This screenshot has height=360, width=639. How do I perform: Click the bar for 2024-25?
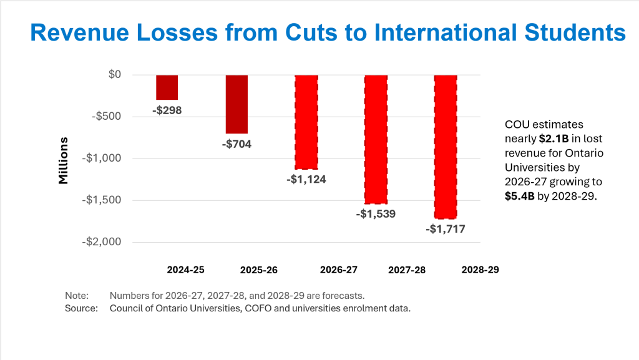(167, 87)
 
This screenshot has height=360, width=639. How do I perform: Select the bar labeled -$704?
(237, 104)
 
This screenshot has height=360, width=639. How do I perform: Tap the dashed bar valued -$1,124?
(306, 122)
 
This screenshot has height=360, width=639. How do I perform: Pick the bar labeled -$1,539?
(376, 139)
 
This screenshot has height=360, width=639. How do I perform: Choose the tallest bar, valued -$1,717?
(446, 147)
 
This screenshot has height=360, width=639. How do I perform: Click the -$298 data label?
(167, 110)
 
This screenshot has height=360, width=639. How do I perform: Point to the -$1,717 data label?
(446, 229)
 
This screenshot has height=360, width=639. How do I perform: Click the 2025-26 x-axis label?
(258, 271)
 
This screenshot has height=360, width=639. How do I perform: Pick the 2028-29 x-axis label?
(480, 270)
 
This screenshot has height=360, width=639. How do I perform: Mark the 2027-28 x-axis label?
(407, 270)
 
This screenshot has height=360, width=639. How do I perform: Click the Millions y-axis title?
(64, 160)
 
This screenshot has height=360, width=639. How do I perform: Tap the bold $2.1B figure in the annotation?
(551, 139)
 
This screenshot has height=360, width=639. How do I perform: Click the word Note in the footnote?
(77, 296)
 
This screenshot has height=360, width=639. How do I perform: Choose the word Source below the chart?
(82, 308)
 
